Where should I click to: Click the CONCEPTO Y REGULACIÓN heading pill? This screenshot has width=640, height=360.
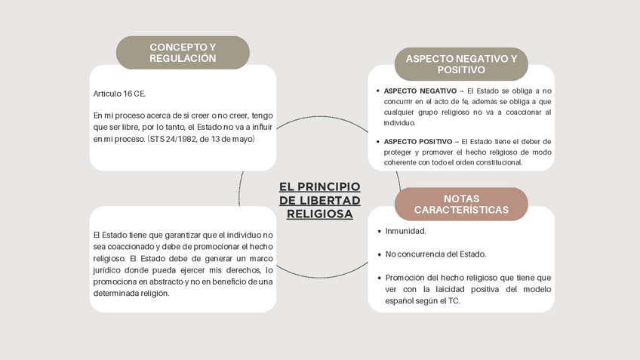(183, 53)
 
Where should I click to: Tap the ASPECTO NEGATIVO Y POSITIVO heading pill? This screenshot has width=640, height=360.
(461, 64)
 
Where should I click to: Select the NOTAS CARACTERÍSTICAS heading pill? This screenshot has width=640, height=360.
(461, 204)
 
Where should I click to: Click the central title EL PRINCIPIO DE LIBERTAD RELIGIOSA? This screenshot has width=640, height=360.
(319, 200)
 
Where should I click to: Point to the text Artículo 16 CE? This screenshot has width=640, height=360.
(119, 94)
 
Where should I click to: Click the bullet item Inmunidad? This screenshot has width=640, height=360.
(406, 231)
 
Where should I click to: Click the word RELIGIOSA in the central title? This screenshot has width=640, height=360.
(319, 214)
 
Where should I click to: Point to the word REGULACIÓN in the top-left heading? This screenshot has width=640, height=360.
(183, 58)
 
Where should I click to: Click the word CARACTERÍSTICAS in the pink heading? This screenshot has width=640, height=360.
(461, 210)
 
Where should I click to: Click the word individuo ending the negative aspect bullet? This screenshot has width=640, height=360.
(399, 122)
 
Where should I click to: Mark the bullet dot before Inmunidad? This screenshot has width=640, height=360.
(378, 231)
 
